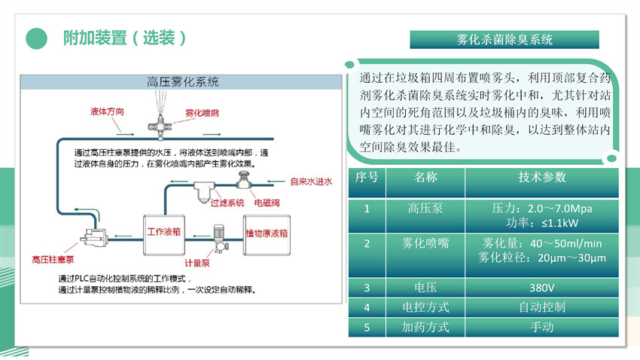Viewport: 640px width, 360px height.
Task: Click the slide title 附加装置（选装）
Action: click(124, 38)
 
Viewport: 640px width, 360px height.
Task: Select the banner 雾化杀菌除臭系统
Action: click(504, 39)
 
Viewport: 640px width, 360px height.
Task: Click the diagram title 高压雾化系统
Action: click(183, 81)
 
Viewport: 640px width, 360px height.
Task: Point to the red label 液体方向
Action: click(107, 111)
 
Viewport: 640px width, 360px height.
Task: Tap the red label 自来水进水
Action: click(311, 182)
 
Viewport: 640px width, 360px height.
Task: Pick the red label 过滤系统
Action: click(227, 203)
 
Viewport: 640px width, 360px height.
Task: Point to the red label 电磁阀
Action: click(267, 203)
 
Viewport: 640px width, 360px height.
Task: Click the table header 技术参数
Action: click(541, 178)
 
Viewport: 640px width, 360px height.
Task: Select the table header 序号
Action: click(367, 178)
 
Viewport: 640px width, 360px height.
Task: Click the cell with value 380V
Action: click(541, 287)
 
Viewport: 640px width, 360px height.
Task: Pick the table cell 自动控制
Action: click(541, 307)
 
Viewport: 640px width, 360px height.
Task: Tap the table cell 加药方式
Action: click(425, 328)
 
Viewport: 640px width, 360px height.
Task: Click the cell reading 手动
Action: click(541, 328)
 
